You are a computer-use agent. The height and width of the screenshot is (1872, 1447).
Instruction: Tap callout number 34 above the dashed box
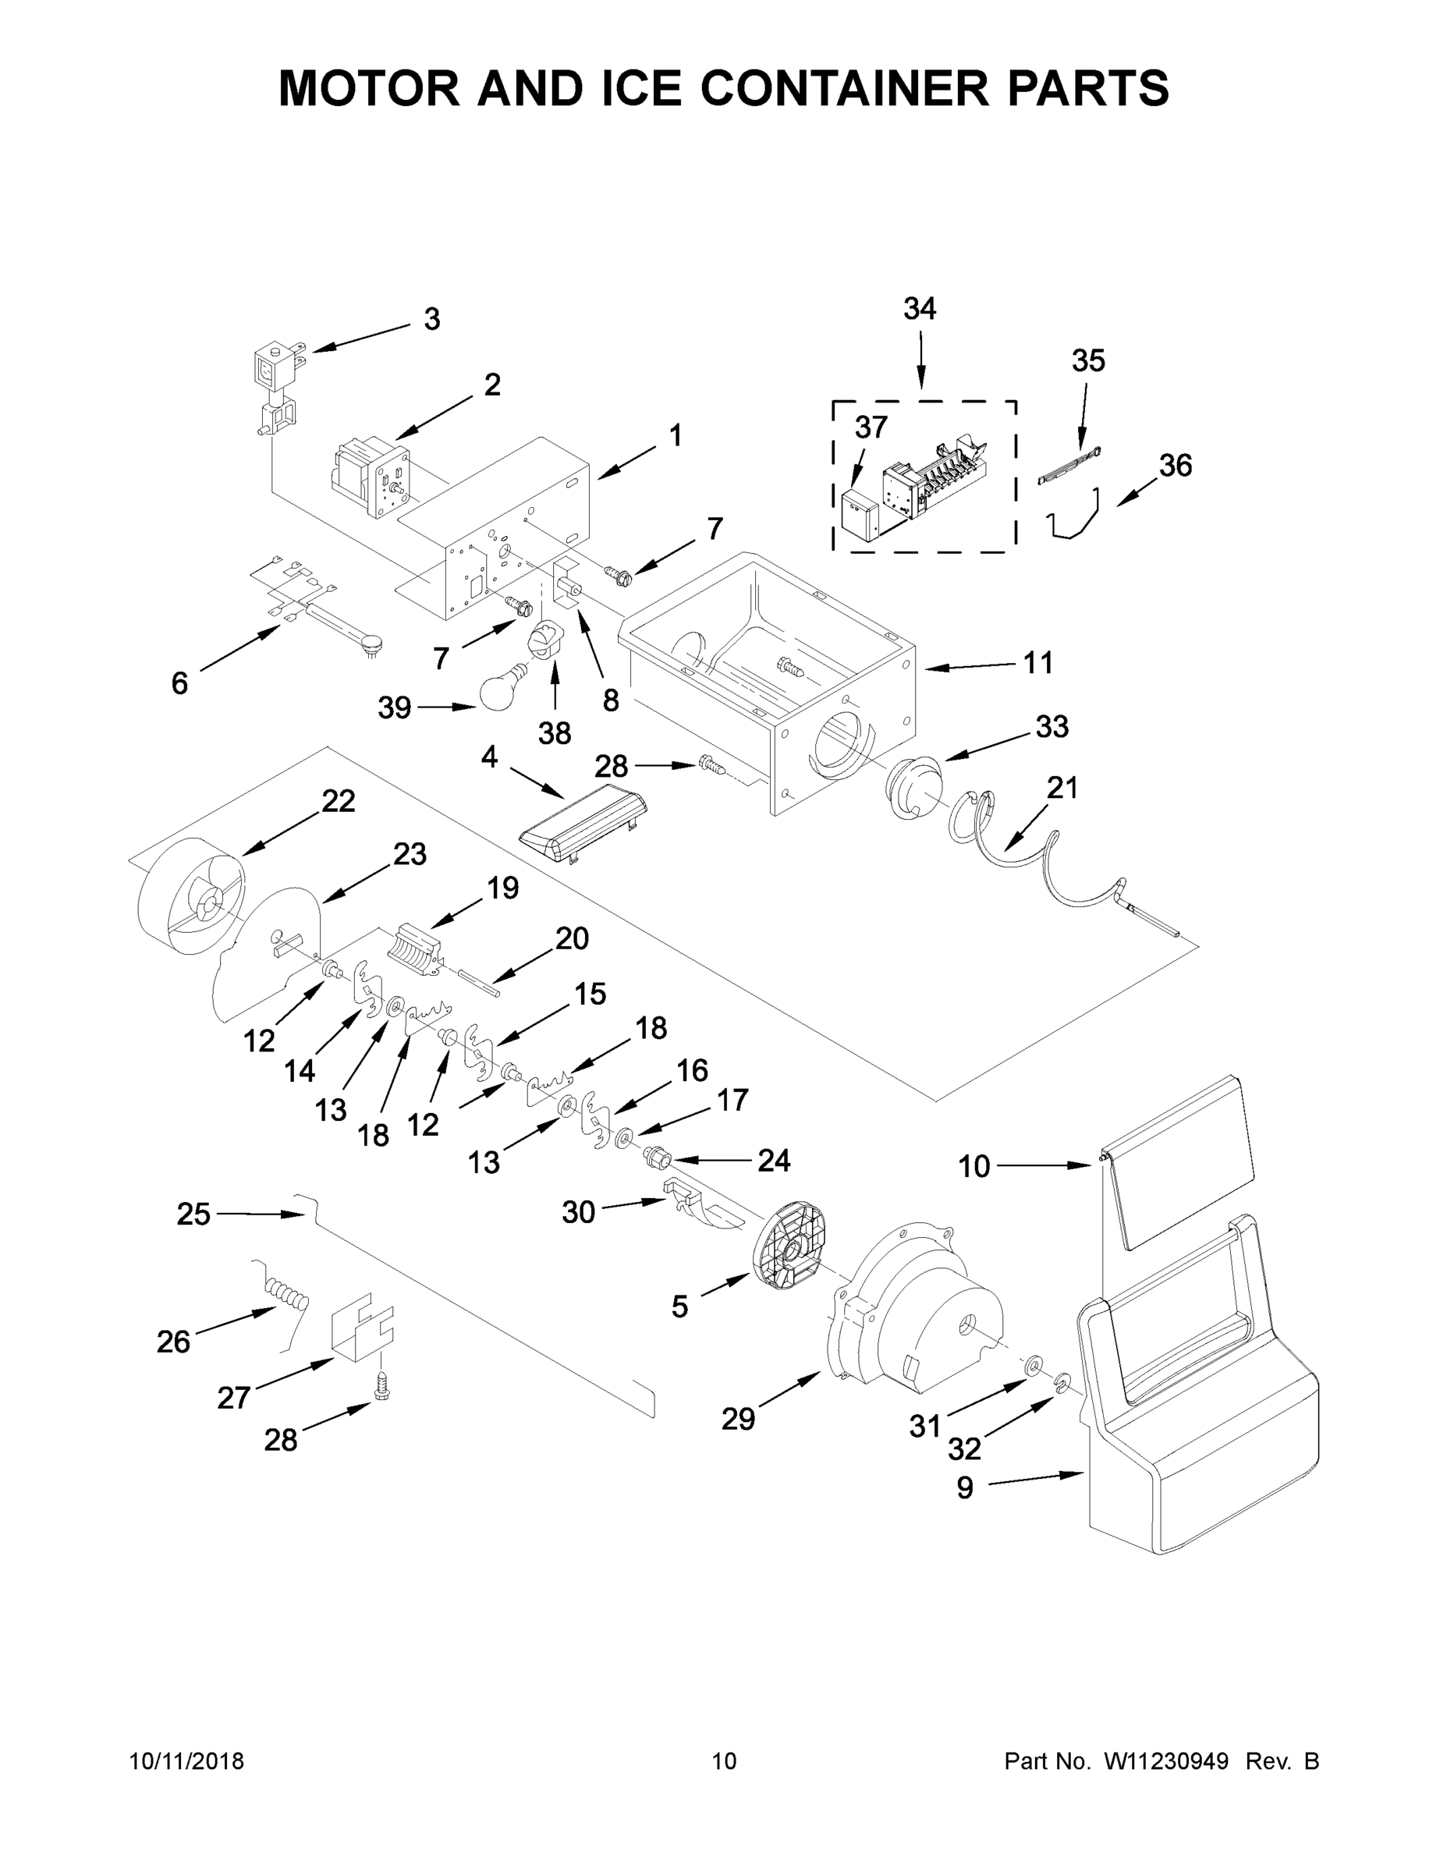click(920, 309)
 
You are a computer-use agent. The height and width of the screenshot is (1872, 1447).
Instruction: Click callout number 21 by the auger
click(1062, 787)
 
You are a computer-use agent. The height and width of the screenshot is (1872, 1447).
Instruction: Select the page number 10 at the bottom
click(724, 1761)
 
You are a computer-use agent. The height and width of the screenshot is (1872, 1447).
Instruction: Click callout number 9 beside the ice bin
click(964, 1488)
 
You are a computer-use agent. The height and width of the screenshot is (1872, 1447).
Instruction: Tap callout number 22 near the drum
click(338, 800)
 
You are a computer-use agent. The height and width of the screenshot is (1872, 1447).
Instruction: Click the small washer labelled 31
click(1033, 1363)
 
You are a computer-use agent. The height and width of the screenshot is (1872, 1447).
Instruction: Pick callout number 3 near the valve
click(432, 319)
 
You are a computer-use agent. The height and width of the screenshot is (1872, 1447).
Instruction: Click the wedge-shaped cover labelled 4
click(583, 821)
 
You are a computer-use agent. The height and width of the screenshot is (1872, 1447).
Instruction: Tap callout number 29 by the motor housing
click(737, 1420)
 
